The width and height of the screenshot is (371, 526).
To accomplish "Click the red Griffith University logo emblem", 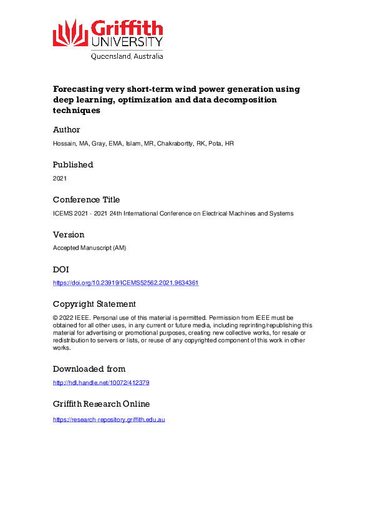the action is (70, 32).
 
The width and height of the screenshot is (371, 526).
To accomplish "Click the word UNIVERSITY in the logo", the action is (127, 42).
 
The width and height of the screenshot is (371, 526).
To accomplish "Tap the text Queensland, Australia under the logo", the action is (127, 56).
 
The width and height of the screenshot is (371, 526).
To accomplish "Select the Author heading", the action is (67, 130).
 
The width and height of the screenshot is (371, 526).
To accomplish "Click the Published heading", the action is (73, 165).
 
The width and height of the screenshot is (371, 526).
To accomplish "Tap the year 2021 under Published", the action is (60, 178).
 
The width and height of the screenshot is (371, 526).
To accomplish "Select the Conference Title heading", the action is (86, 200).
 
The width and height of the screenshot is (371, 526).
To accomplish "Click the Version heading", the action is (69, 235).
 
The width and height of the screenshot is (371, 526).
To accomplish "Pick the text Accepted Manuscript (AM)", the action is (89, 248).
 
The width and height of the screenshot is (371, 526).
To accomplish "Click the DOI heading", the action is (61, 270).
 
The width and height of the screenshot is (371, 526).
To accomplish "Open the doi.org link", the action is (126, 283).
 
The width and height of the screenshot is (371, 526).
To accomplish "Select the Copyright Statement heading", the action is (94, 304).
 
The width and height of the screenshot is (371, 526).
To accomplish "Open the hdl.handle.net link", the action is (101, 382).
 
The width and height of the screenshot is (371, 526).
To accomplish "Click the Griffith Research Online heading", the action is (101, 404).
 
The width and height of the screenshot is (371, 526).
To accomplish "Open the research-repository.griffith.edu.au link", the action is (108, 419).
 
